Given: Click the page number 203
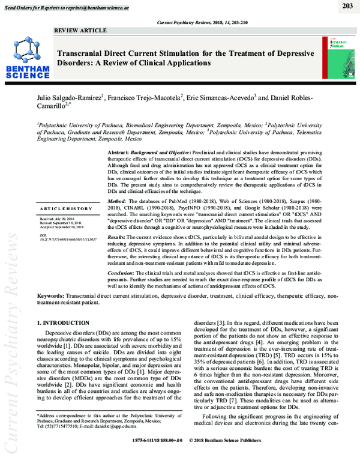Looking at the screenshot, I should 347,6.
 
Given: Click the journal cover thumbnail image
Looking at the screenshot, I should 340,55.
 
